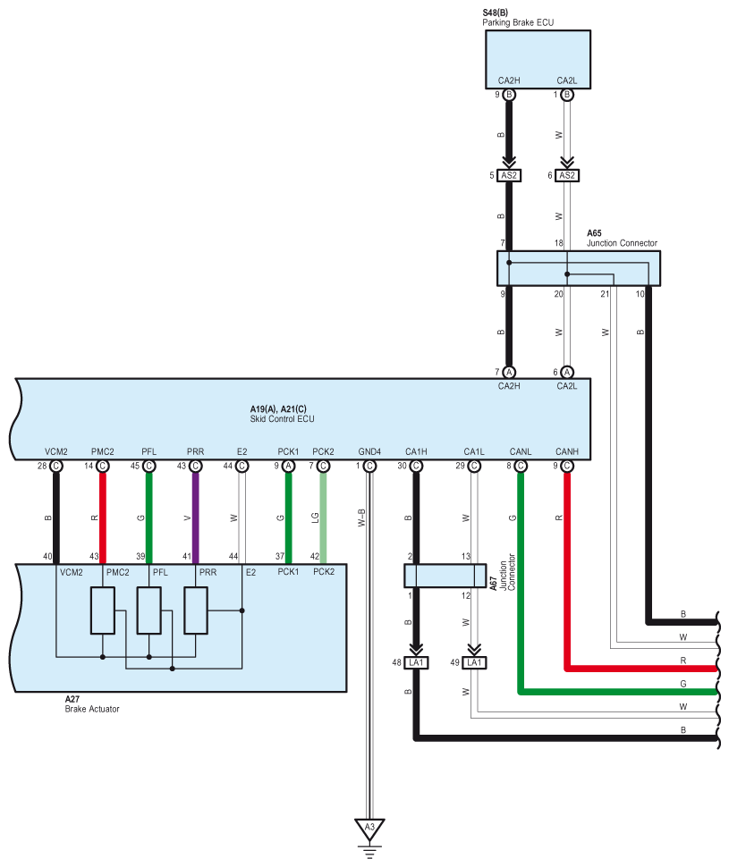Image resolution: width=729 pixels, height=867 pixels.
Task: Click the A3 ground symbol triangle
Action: [x=369, y=828]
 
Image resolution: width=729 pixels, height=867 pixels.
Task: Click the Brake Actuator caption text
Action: [x=91, y=709]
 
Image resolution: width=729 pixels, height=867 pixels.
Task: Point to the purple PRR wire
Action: [x=196, y=514]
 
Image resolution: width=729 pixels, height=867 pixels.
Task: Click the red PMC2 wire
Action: [x=103, y=514]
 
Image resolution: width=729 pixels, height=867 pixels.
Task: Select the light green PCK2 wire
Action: [x=323, y=514]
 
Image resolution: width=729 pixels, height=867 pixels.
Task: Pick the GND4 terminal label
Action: [x=369, y=451]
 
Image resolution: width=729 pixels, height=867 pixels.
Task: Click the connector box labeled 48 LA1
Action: [x=417, y=662]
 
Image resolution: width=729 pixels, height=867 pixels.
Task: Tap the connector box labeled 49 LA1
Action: [x=475, y=662]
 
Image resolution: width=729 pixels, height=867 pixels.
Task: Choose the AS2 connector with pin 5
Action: [x=510, y=175]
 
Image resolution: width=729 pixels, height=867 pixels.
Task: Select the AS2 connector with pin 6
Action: [x=567, y=175]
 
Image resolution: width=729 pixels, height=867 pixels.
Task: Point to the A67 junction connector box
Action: [x=445, y=576]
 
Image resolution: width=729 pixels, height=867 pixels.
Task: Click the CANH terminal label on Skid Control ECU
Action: [x=566, y=451]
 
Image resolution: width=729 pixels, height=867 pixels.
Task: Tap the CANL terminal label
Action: [x=520, y=451]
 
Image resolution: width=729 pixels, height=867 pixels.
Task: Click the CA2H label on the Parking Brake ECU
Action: [x=509, y=80]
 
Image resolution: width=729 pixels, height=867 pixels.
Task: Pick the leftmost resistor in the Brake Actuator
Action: [x=103, y=610]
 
